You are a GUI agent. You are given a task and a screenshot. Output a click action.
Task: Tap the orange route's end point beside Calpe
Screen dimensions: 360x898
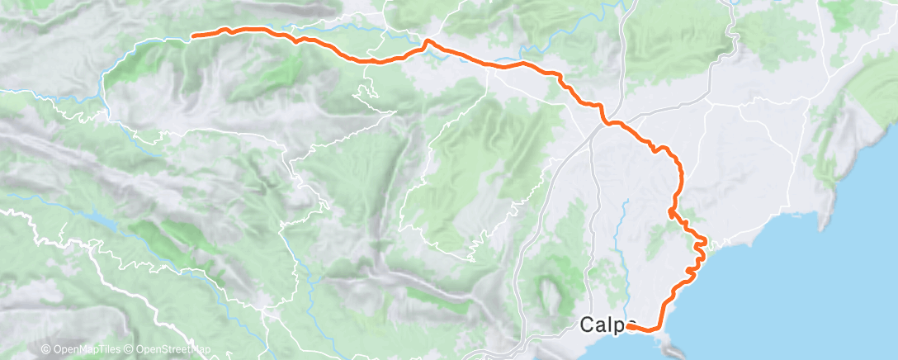(x=630, y=326)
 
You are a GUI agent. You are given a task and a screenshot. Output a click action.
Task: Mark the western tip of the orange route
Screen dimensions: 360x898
(x=193, y=36)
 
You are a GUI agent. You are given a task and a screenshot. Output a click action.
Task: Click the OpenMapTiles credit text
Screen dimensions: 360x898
(x=85, y=349)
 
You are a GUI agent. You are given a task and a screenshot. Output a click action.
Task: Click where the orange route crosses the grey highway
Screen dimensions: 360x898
(x=607, y=123)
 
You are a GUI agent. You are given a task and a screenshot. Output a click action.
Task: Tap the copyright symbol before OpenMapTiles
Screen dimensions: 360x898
(x=46, y=349)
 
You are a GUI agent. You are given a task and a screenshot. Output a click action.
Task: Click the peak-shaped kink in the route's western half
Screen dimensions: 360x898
(x=427, y=40)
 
